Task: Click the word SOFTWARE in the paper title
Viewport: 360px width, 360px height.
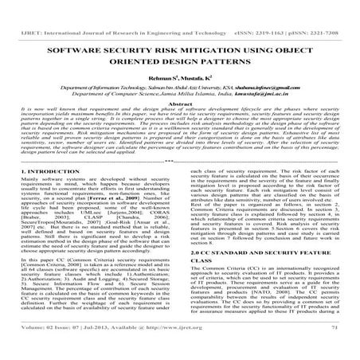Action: click(76, 49)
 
